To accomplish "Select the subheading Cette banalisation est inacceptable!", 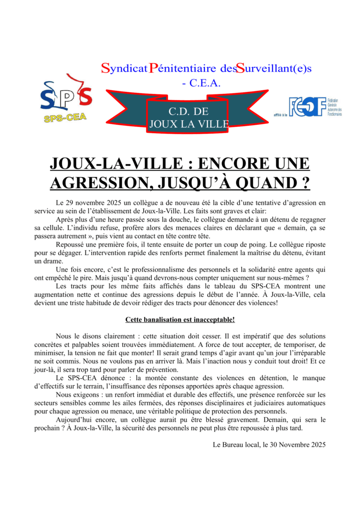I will point(180,319).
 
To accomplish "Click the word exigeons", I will point(86,394).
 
